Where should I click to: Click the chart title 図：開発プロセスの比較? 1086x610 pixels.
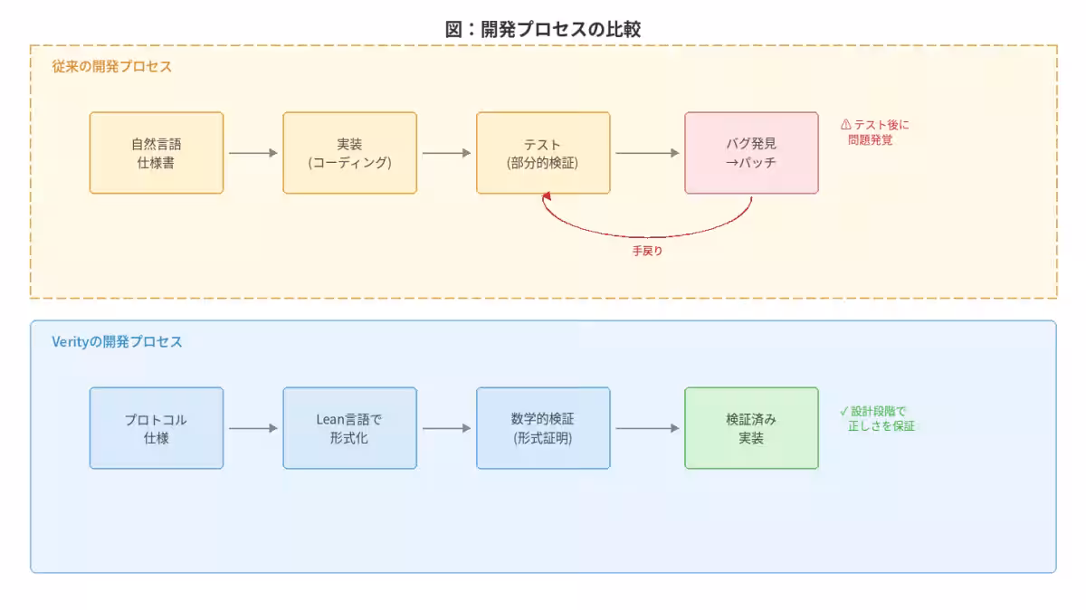(543, 28)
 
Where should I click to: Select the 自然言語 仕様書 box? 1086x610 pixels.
(157, 153)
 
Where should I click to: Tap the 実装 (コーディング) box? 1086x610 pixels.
(349, 153)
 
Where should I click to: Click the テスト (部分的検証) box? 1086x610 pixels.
(543, 153)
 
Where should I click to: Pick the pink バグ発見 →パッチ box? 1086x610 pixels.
(751, 153)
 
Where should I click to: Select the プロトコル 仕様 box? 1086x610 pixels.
(157, 428)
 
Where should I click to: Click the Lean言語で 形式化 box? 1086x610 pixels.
(349, 428)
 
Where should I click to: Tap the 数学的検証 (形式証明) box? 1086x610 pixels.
(543, 428)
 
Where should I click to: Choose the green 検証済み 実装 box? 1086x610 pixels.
(751, 428)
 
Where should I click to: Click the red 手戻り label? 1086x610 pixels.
(647, 251)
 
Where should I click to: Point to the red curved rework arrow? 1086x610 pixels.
(647, 234)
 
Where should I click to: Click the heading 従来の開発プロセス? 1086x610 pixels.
(112, 67)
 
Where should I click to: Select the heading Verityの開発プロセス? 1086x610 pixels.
(118, 342)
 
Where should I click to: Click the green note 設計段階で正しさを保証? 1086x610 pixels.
(877, 418)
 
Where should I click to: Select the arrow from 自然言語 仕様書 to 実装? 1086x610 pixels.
(252, 153)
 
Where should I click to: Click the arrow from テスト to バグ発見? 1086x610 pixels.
(647, 153)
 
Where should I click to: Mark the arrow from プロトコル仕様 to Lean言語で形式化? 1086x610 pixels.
(252, 428)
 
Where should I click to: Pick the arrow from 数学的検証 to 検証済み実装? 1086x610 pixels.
(647, 428)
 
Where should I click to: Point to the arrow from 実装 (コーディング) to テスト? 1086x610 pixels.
(446, 153)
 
